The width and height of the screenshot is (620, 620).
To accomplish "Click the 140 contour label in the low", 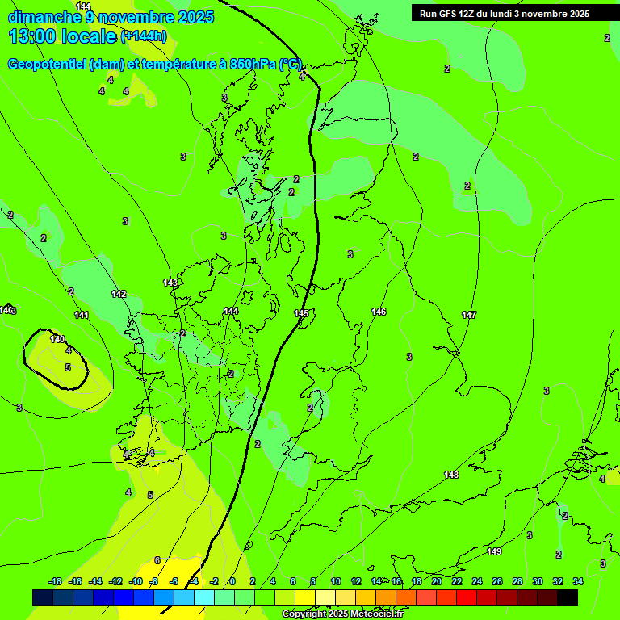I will click(57, 339).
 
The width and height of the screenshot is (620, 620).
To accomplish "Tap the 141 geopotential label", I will click(82, 315).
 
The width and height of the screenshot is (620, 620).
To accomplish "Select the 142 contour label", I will click(119, 294).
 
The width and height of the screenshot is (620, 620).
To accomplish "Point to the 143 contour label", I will click(170, 283).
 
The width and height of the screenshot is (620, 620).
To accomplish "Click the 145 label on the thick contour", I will click(301, 313).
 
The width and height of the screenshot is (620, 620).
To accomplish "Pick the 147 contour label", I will click(469, 315).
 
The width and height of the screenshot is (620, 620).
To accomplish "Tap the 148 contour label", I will click(451, 475).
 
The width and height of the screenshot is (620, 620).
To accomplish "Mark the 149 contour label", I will click(494, 551).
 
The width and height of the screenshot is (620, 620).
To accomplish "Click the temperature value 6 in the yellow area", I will click(157, 560).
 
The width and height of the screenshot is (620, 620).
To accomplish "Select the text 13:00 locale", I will click(62, 36).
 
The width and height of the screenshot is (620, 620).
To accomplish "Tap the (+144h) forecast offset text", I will click(144, 36).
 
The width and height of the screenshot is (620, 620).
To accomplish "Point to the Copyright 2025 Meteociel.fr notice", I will click(342, 614).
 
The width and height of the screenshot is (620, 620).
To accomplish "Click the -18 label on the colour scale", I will click(56, 581).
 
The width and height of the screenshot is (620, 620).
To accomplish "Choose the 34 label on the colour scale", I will click(578, 581).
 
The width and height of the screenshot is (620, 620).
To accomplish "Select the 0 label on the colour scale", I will click(232, 581).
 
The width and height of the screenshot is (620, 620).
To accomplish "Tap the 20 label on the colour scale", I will click(437, 581).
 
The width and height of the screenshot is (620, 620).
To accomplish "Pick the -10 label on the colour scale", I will click(136, 581).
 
